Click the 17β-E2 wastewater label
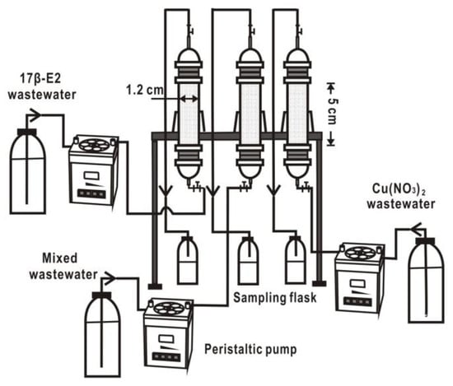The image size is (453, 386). [x=42, y=86]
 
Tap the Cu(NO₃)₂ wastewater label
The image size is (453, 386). [x=401, y=197]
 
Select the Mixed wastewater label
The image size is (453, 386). [x=63, y=266]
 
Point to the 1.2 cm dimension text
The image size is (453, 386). [x=144, y=90]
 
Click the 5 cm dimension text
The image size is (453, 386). [x=332, y=111]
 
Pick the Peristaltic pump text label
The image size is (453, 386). [x=250, y=349]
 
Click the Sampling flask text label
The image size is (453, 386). [x=275, y=297]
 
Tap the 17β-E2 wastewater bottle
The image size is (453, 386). [x=28, y=171]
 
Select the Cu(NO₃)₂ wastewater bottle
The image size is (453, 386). [x=426, y=280]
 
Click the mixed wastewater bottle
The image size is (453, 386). [x=103, y=334]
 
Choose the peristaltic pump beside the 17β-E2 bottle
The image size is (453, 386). [x=93, y=170]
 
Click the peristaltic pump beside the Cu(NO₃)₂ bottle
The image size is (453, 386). [x=359, y=277]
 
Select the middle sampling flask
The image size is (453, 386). [x=249, y=261]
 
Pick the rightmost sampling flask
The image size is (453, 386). [x=296, y=260]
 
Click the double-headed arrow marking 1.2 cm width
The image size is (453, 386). [x=189, y=99]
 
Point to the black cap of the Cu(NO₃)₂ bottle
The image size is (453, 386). [x=426, y=241]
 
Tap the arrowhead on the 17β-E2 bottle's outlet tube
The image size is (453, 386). [x=35, y=115]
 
